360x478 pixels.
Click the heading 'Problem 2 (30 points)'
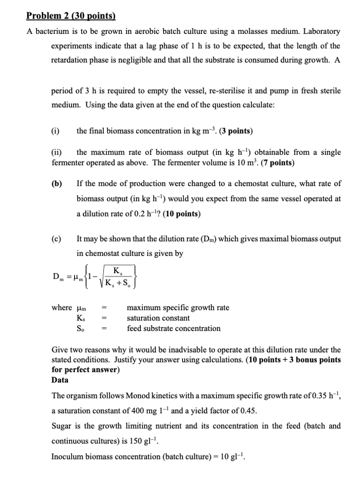(71, 15)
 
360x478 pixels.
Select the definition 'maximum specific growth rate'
(178, 308)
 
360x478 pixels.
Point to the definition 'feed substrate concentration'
(174, 328)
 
